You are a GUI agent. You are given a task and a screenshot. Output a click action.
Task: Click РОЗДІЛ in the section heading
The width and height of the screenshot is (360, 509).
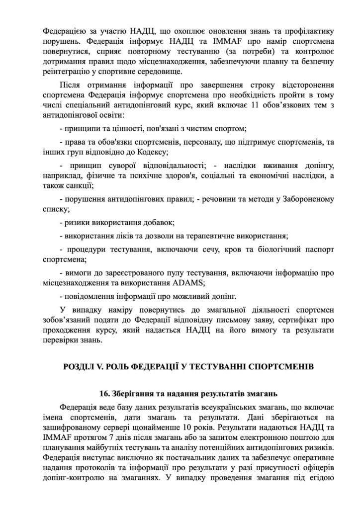coord(79,367)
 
